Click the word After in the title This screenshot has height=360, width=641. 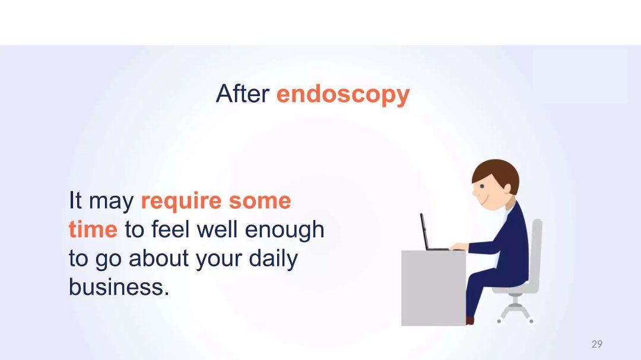coord(242,94)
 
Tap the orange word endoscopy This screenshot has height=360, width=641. coord(343,95)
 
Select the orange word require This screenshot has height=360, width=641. coord(181,202)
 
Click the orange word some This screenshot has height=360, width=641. coord(259,201)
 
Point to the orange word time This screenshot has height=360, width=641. coord(93,229)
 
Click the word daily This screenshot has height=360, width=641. coord(273,259)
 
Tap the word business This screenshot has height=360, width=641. coord(119,286)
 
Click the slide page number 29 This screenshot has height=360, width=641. coord(597,344)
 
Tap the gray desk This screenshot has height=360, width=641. coord(433,288)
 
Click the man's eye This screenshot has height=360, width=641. coord(482,187)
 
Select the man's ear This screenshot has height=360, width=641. coord(507,189)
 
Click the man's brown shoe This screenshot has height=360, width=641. coord(469,320)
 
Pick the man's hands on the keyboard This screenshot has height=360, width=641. coord(459,246)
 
